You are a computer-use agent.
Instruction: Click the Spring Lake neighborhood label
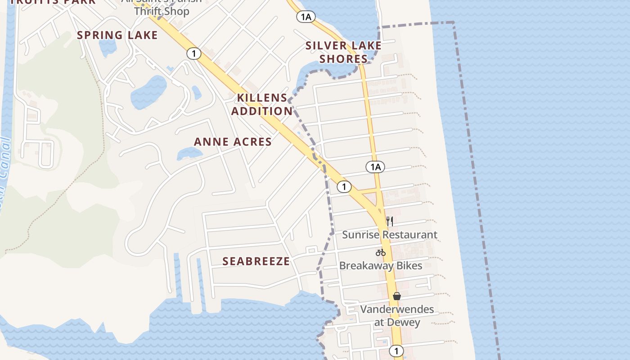[x=117, y=35]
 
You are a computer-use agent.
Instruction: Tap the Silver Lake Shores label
[x=343, y=52]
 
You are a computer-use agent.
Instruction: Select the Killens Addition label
[x=262, y=104]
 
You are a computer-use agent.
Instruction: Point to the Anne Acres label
[x=233, y=142]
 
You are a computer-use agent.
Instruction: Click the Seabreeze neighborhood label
[x=256, y=261]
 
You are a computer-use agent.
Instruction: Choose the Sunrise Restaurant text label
[x=389, y=234]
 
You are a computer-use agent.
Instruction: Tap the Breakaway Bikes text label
[x=380, y=265]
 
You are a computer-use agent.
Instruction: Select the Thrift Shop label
[x=162, y=11]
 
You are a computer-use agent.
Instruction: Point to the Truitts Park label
[x=53, y=1]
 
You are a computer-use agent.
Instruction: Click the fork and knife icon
[x=389, y=221]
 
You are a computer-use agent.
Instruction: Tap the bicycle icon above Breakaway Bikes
[x=381, y=252]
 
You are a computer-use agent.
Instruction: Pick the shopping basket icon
[x=397, y=296]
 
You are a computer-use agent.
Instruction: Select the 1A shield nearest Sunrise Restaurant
[x=375, y=167]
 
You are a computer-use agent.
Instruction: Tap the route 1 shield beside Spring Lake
[x=193, y=54]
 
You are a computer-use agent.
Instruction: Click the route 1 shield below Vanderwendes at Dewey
[x=396, y=351]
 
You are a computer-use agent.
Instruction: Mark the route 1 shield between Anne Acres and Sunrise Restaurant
[x=344, y=186]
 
